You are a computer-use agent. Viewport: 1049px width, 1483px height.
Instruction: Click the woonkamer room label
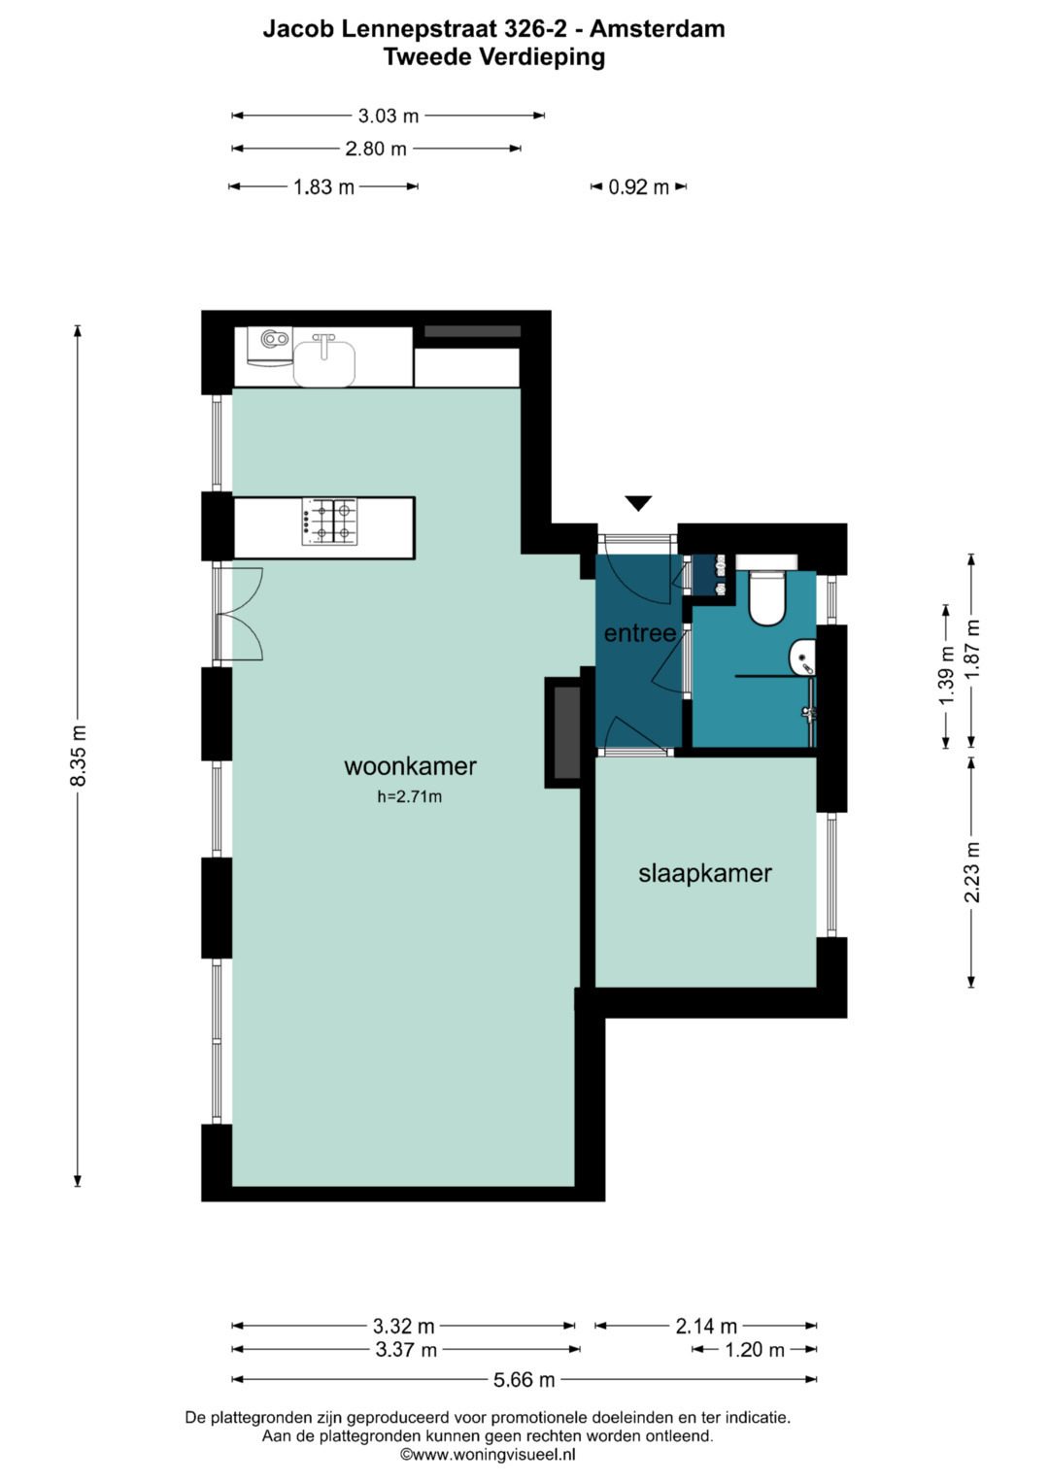tap(410, 766)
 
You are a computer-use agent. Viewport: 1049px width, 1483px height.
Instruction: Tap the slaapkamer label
tap(704, 873)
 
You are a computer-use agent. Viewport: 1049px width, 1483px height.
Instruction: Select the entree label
tap(640, 633)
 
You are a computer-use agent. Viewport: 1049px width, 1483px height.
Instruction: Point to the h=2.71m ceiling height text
tap(409, 797)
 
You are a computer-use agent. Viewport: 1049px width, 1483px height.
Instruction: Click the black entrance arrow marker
tap(638, 503)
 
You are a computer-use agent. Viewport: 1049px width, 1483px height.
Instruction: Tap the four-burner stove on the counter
tap(329, 522)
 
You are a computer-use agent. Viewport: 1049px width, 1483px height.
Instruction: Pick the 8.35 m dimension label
tap(78, 756)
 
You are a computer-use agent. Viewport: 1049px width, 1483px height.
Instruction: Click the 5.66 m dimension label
tap(524, 1379)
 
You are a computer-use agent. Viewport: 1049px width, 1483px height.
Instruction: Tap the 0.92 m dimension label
tap(638, 187)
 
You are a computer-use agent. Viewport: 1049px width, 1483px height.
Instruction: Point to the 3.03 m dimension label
tap(389, 116)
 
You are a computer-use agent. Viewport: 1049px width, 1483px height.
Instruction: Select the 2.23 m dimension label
tap(971, 872)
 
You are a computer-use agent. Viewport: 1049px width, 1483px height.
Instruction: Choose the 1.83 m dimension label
tap(323, 187)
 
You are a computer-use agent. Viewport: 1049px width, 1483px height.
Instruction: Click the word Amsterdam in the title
tap(657, 29)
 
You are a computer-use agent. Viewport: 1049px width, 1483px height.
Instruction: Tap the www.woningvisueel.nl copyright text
tap(488, 1455)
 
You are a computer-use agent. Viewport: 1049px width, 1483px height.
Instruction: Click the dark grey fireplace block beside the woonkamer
tap(567, 733)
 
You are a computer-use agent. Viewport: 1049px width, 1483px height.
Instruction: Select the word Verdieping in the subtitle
tap(541, 58)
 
